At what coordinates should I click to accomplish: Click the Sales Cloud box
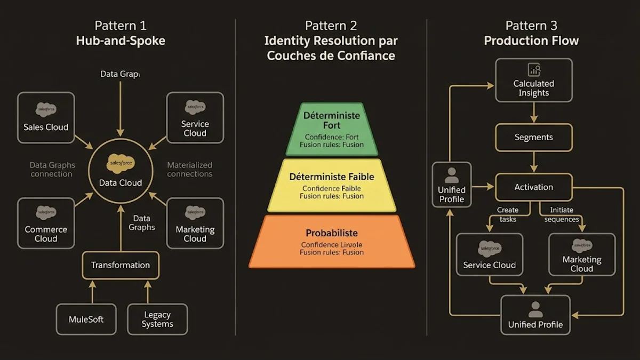click(46, 117)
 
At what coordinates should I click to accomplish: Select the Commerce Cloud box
click(46, 223)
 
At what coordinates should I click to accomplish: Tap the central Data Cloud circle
click(121, 171)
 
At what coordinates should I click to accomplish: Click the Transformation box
click(120, 265)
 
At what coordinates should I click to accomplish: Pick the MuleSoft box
click(86, 319)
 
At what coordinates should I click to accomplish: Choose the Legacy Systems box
click(157, 319)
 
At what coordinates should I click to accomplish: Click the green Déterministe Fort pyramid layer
click(331, 129)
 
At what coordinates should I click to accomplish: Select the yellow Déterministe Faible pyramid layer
click(331, 185)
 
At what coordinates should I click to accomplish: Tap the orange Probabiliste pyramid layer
click(331, 241)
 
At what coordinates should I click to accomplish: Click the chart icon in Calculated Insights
click(534, 70)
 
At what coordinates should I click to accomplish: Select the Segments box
click(534, 137)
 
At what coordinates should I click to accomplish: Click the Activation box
click(534, 187)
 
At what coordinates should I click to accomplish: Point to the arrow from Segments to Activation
click(534, 162)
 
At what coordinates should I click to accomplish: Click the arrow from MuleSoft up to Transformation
click(93, 292)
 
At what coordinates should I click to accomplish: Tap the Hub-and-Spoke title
click(121, 41)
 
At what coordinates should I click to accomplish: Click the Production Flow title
click(531, 41)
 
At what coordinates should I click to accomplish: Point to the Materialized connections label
click(189, 170)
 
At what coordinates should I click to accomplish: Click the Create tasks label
click(508, 214)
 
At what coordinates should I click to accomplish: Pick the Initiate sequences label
click(561, 214)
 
